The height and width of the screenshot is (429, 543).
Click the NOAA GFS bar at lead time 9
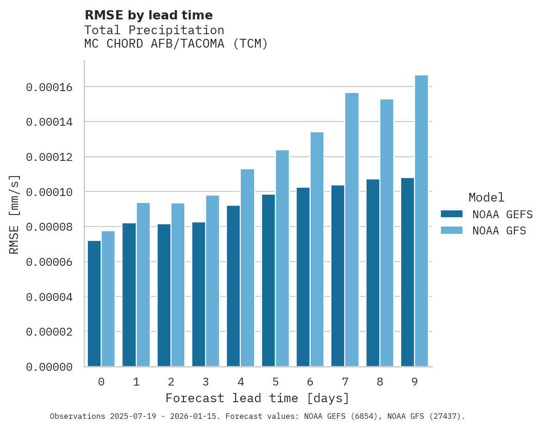click(421, 221)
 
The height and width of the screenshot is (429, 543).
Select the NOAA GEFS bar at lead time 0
click(94, 304)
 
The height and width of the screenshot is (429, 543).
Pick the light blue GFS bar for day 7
click(352, 230)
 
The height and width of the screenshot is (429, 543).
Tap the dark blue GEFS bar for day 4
click(233, 286)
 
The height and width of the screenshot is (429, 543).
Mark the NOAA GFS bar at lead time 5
click(282, 258)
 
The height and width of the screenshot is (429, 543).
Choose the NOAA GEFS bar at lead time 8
click(373, 273)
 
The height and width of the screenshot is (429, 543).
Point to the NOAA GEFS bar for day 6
click(303, 277)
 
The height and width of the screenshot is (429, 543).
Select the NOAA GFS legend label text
click(499, 231)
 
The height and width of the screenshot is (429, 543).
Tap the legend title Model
click(486, 197)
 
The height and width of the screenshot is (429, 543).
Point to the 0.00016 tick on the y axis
click(49, 87)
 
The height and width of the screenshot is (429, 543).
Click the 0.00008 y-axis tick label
click(49, 227)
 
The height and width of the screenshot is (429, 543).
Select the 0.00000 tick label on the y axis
click(49, 367)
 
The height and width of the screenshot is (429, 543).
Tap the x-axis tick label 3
click(206, 382)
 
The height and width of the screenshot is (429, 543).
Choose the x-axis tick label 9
click(415, 382)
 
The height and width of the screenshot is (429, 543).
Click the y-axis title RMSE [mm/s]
click(14, 214)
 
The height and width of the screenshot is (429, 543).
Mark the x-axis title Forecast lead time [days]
click(257, 398)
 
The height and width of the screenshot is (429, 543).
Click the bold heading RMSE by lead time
click(149, 15)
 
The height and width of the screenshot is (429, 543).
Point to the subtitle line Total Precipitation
click(154, 30)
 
